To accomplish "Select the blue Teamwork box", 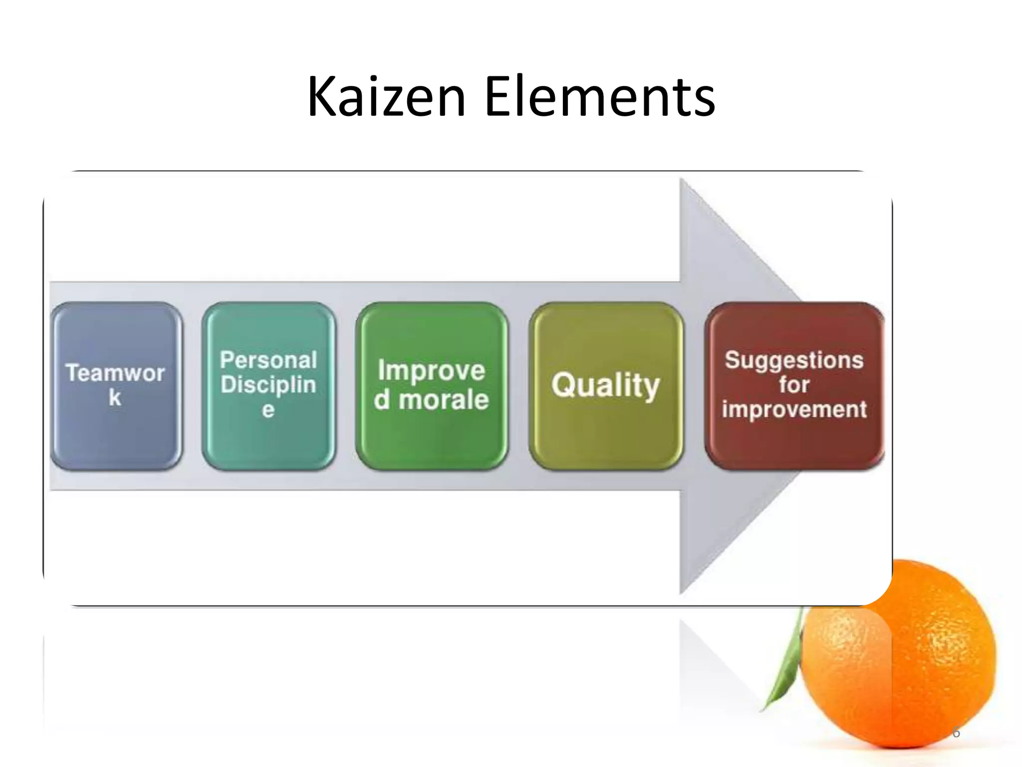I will [117, 385].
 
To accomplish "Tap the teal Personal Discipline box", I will [268, 385].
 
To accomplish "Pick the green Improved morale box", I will [432, 385].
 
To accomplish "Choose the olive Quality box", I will [606, 385].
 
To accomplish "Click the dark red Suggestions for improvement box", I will [794, 385].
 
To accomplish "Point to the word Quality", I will [606, 385].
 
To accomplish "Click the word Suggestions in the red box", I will [794, 360].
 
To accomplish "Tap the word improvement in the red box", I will [794, 409].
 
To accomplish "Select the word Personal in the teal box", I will [268, 360].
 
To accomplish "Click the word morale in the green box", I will [444, 400].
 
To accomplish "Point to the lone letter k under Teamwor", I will [115, 398].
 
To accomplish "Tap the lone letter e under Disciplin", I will [268, 410].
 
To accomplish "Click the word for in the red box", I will [794, 384].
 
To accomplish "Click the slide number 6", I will [956, 733].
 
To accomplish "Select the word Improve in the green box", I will [432, 371].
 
